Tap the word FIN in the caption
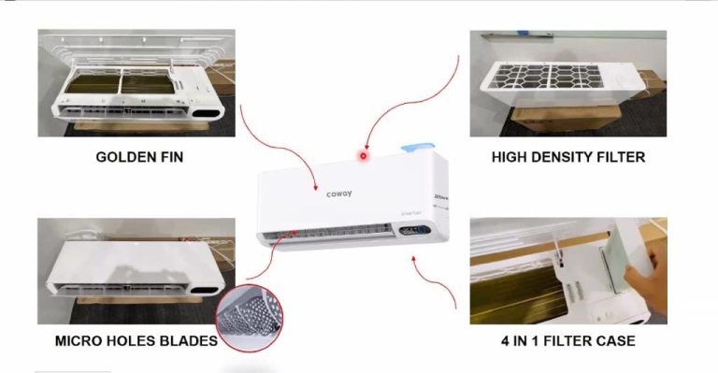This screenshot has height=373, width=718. point(169,157)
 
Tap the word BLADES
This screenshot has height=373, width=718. point(190,340)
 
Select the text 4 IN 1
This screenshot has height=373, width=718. point(520,340)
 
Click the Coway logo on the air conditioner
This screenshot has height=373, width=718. point(338,194)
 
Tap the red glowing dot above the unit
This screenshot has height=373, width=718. point(363,156)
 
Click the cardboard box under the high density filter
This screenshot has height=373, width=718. point(561,121)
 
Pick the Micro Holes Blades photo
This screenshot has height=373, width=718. point(136,271)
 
